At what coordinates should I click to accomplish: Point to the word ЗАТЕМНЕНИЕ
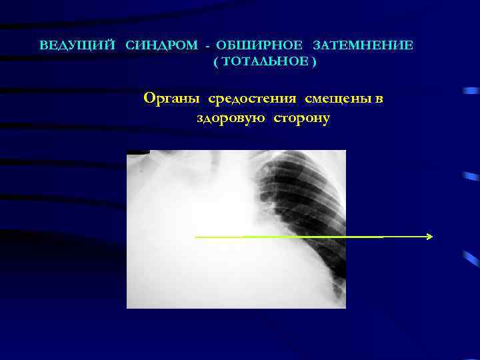point(363,46)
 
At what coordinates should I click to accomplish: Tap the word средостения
point(252,99)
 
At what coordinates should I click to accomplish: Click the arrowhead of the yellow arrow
point(430,236)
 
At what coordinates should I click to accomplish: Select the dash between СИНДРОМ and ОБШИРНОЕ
point(209,46)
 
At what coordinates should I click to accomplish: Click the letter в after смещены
point(379,99)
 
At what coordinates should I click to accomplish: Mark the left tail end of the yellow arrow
point(197,237)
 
